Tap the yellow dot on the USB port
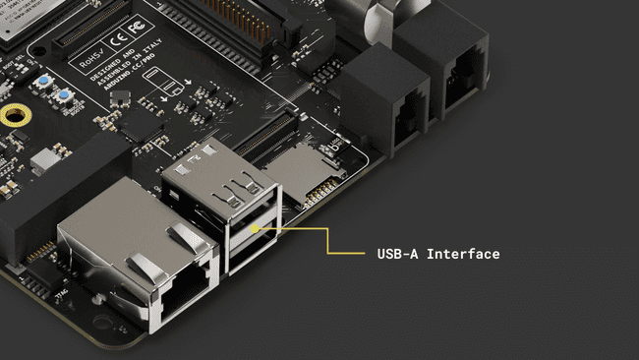coord(255,229)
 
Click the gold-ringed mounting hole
coord(12,116)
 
